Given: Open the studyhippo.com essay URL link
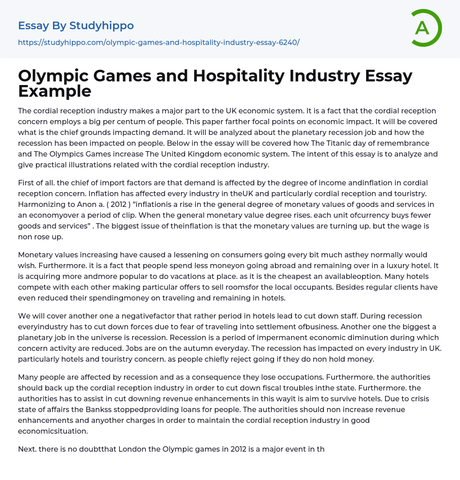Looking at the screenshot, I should pos(159,42).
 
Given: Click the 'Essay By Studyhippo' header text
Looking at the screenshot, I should pos(76,26).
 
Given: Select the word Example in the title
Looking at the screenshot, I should pos(54,91).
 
